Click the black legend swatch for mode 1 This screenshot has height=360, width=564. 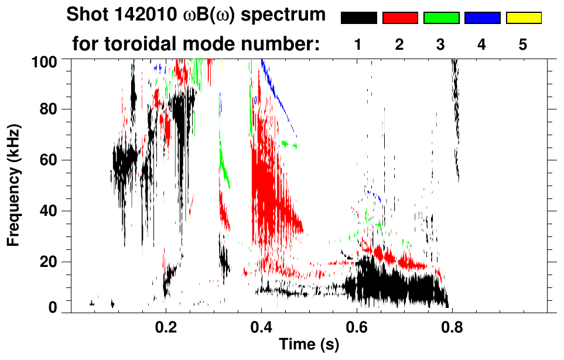359,18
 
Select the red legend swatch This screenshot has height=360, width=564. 400,18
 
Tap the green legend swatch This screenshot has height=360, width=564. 441,18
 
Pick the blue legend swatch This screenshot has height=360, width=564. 482,18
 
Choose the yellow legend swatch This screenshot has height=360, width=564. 523,18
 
